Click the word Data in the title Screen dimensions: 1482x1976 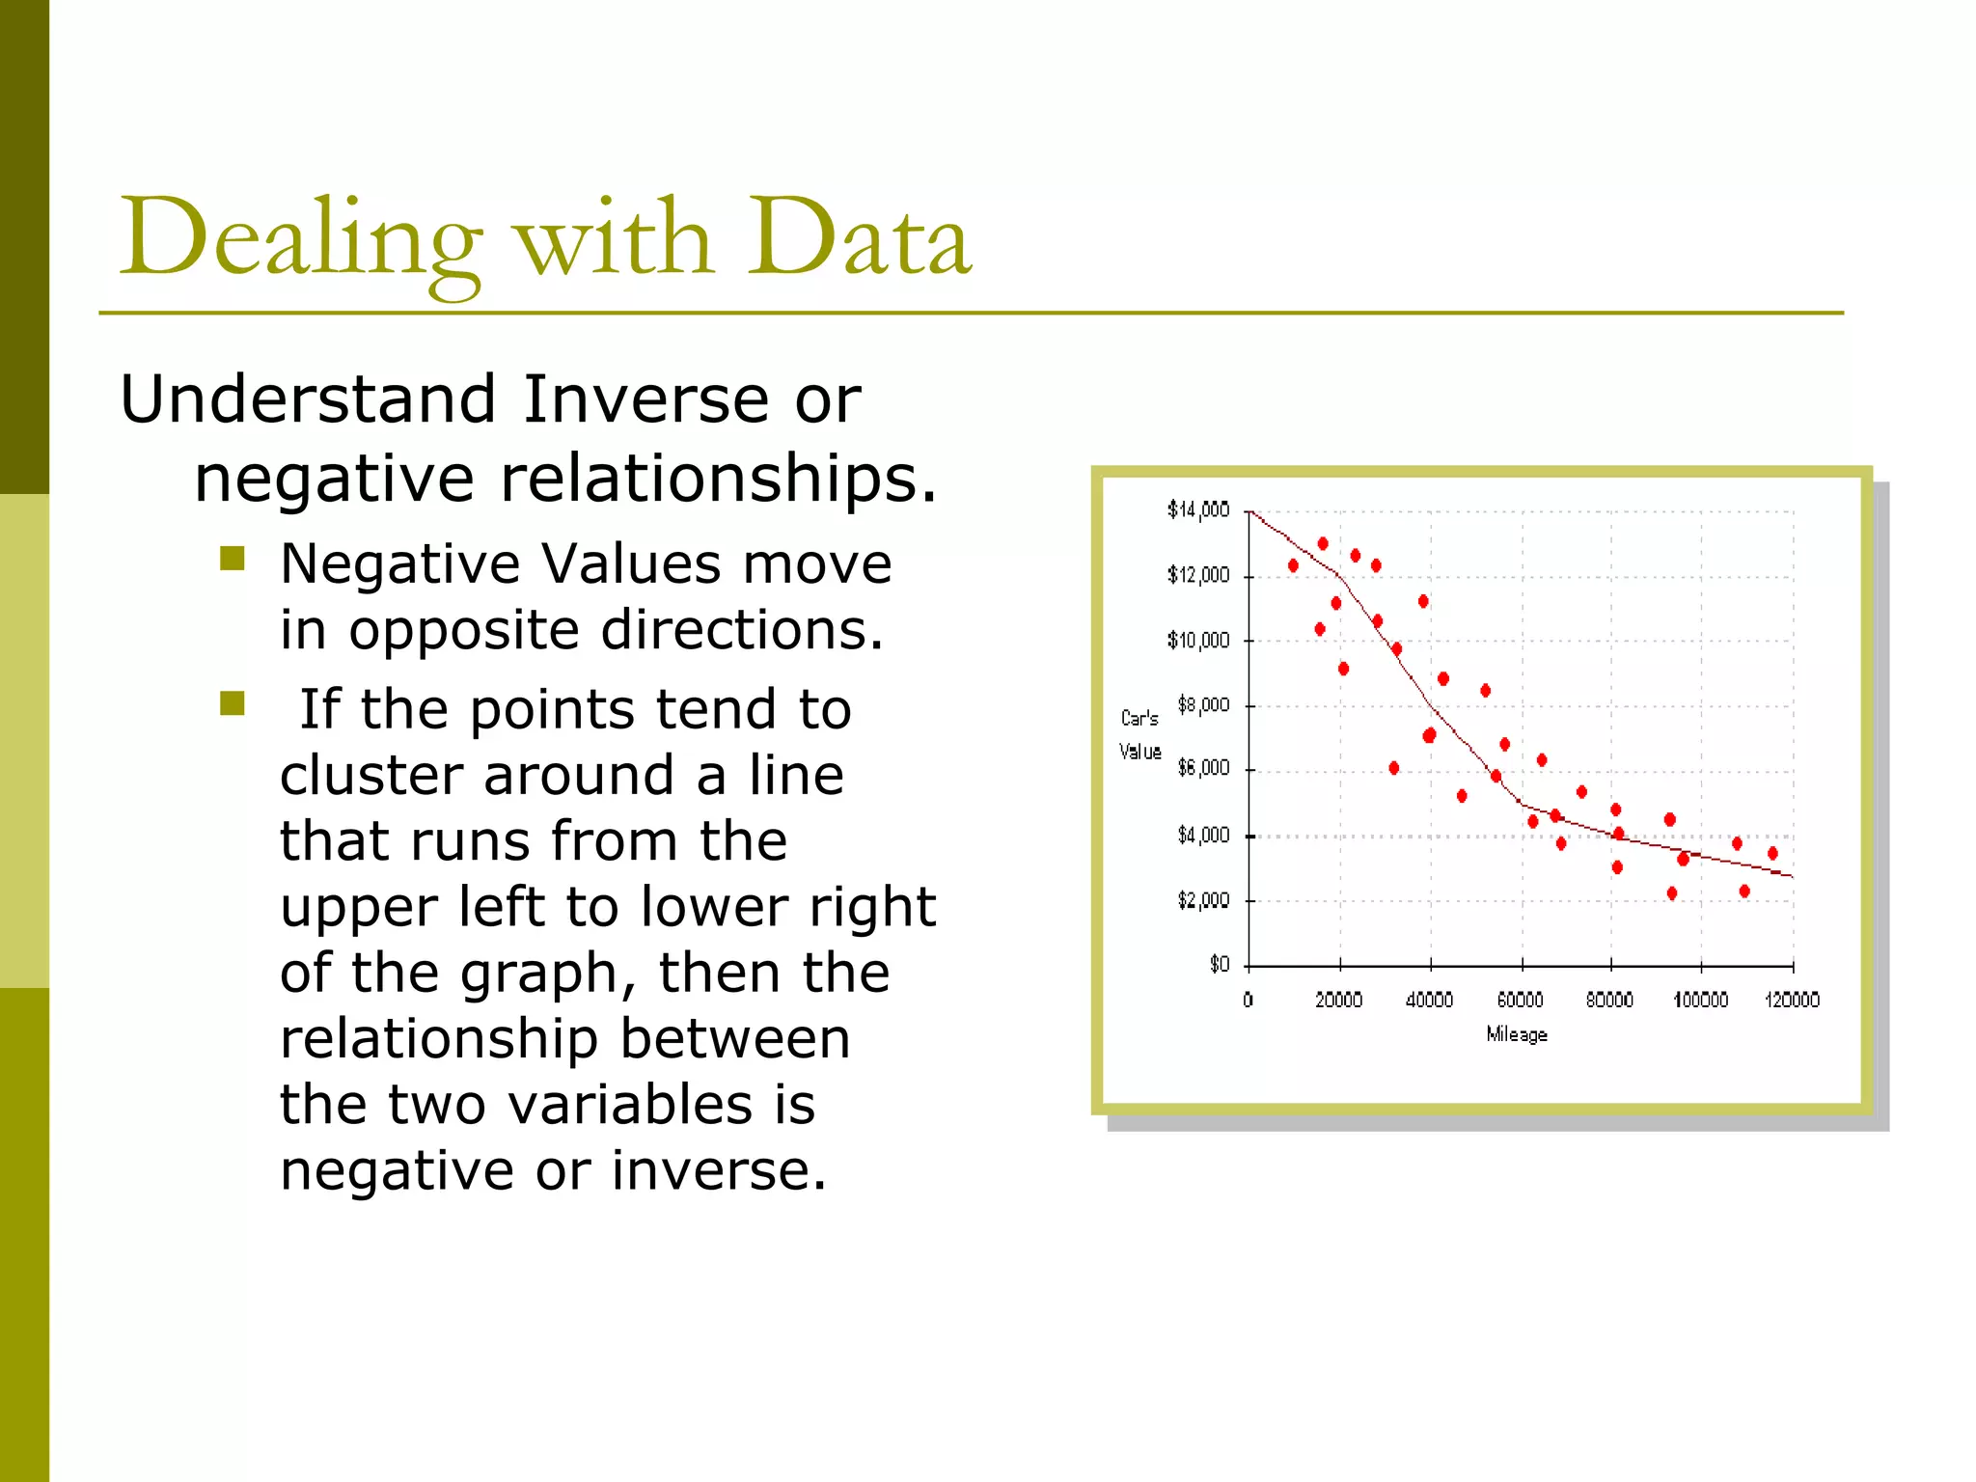[859, 237]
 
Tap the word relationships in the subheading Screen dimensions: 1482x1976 [718, 479]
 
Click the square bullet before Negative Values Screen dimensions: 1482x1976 [233, 559]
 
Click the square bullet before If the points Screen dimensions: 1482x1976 [233, 703]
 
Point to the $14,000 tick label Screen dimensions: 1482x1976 [1197, 509]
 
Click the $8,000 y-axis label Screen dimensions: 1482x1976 [1203, 705]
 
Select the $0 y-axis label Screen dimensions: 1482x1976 [1219, 964]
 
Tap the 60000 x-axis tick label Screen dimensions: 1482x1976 [1520, 1001]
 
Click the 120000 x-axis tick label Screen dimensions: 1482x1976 [1792, 1001]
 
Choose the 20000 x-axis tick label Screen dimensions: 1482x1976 [1338, 1001]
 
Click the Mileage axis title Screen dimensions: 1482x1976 [1517, 1034]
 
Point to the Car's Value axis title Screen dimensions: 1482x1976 [1139, 734]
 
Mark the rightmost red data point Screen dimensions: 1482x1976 [1772, 853]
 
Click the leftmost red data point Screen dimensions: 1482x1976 [1293, 565]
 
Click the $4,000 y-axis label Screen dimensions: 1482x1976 [1203, 836]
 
